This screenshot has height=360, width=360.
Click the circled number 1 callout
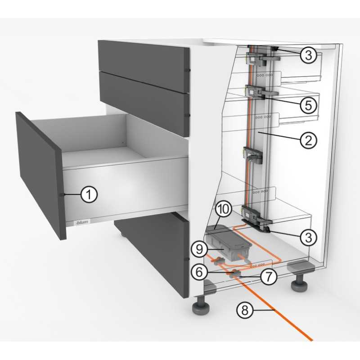coord(89,194)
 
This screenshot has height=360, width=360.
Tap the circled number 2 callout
coord(308,140)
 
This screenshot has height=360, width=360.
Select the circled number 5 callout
coord(308,105)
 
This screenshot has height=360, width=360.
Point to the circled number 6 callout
coord(199,272)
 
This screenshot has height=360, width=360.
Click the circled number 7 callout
coord(268,276)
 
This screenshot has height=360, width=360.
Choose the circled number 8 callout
coord(245,310)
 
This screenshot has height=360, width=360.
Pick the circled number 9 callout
coord(199,249)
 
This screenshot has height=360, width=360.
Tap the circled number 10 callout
coord(224,209)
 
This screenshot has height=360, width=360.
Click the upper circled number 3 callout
coord(308,55)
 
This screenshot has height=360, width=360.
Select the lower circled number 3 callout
coord(308,237)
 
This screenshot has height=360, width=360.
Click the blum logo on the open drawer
coord(82,222)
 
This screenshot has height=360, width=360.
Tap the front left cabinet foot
coord(201,306)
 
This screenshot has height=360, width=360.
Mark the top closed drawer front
coord(144,66)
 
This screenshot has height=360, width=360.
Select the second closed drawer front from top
coord(144,104)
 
